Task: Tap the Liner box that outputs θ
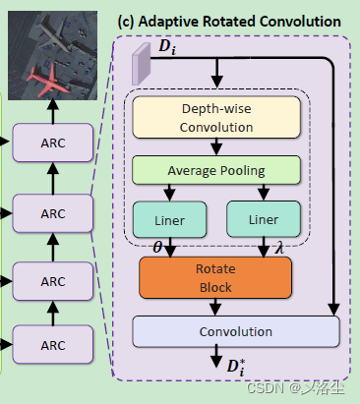(x=168, y=218)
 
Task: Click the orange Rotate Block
(x=215, y=277)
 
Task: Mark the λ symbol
(x=279, y=248)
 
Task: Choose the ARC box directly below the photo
(x=52, y=143)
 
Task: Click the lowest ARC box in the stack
(x=52, y=346)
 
